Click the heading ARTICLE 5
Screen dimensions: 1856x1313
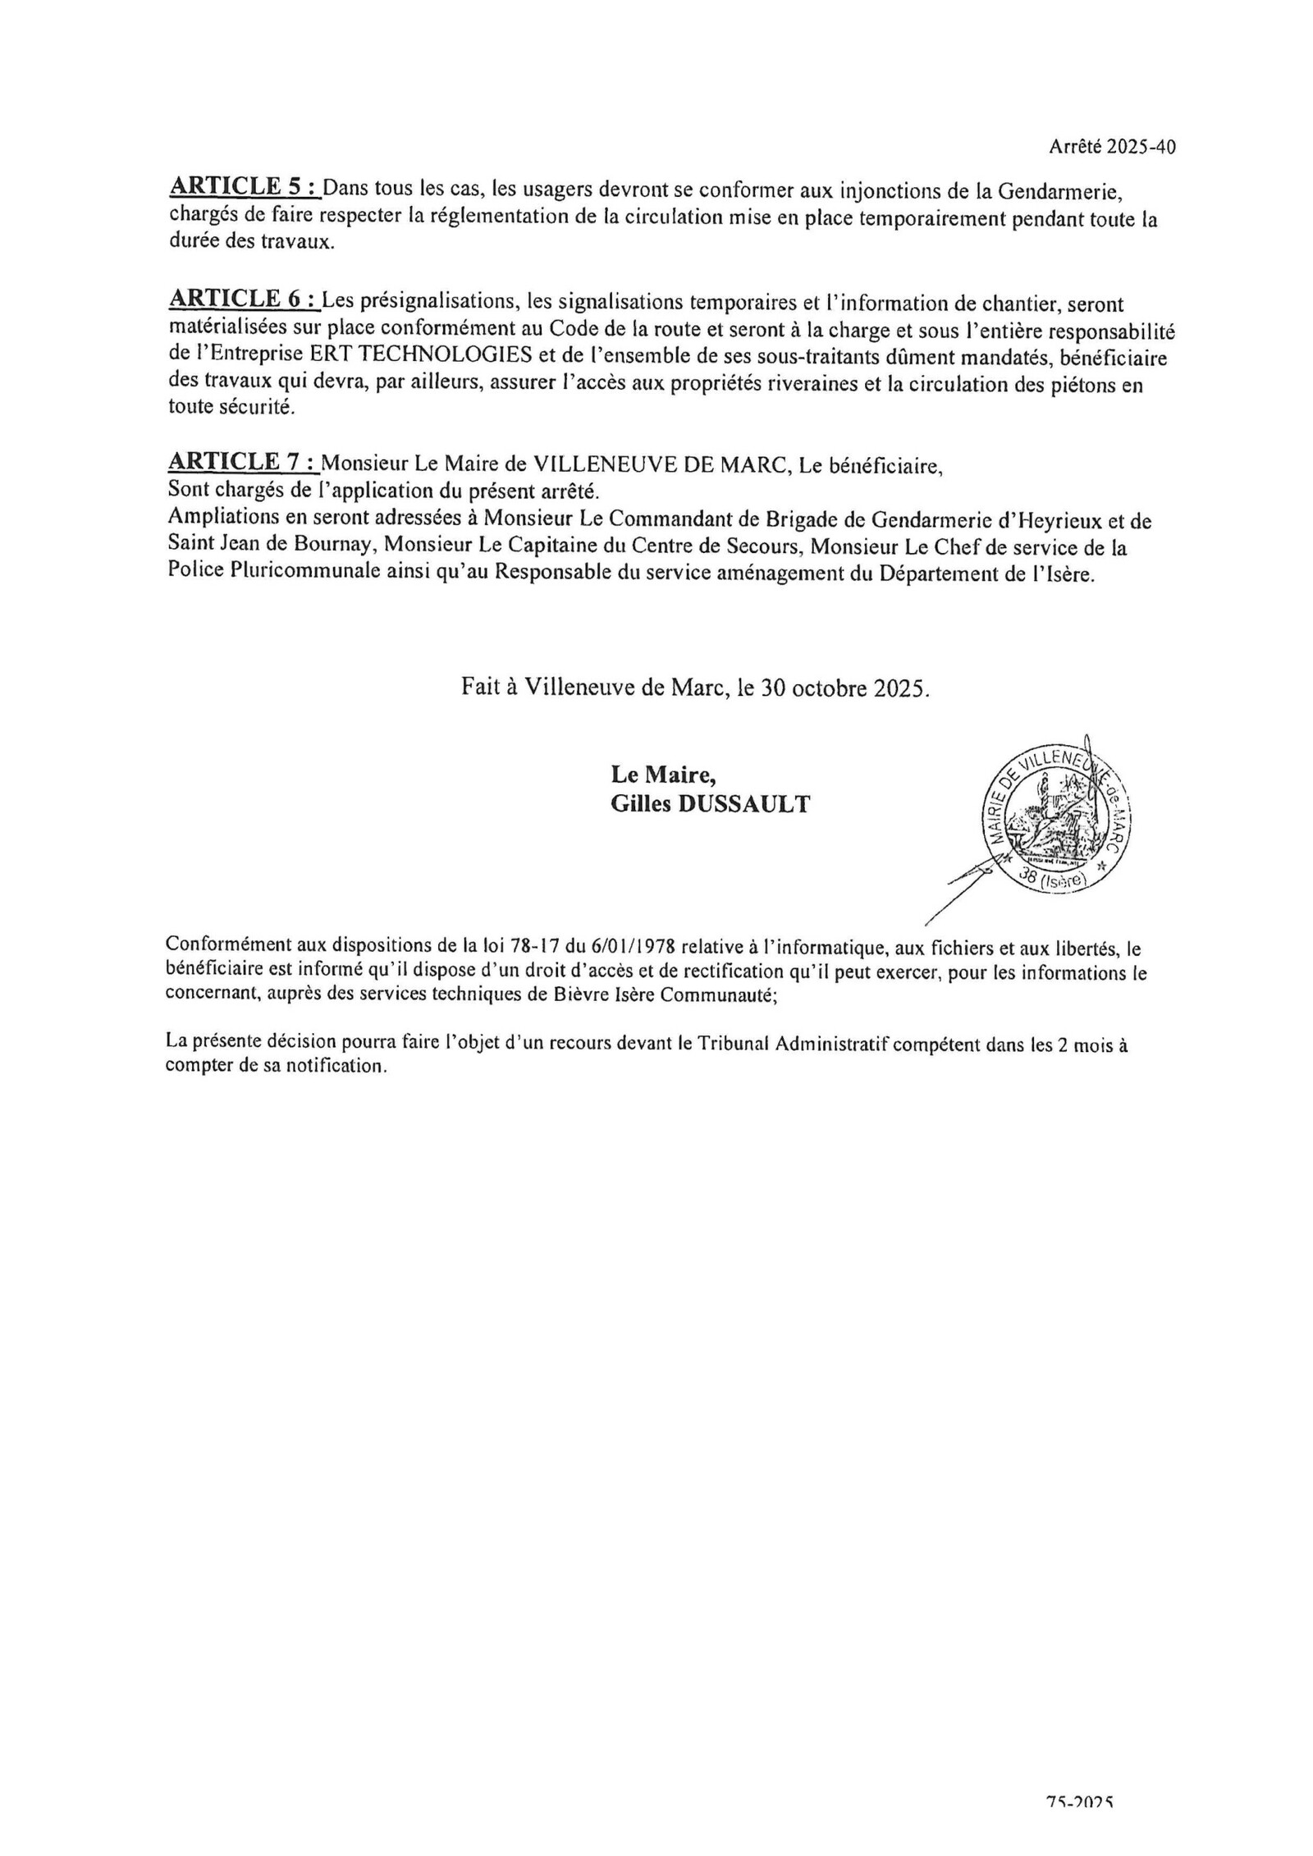[243, 188]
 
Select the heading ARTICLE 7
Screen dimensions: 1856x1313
[243, 462]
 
